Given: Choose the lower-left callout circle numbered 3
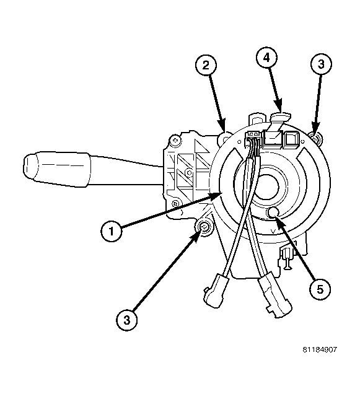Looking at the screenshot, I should pos(126,319).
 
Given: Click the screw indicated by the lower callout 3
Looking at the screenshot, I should pos(202,232).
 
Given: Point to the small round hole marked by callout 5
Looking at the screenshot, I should pos(274,214).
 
